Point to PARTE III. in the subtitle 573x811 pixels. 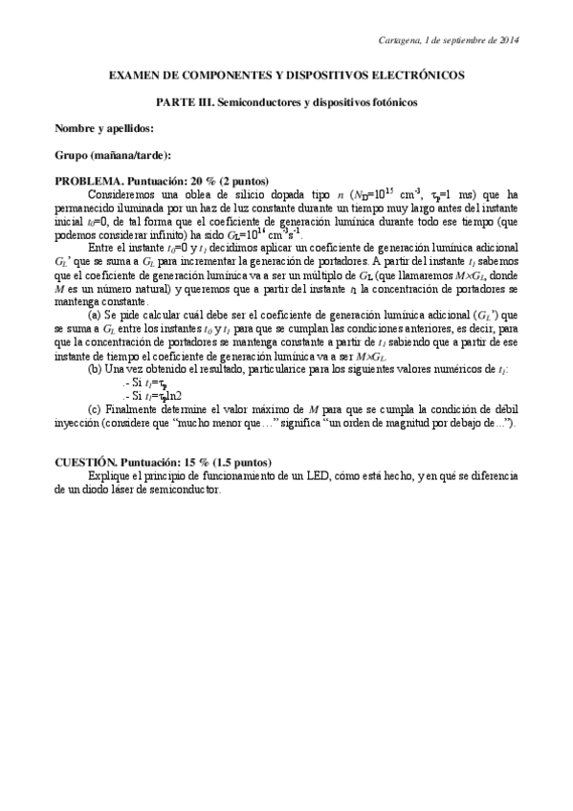(x=185, y=99)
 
